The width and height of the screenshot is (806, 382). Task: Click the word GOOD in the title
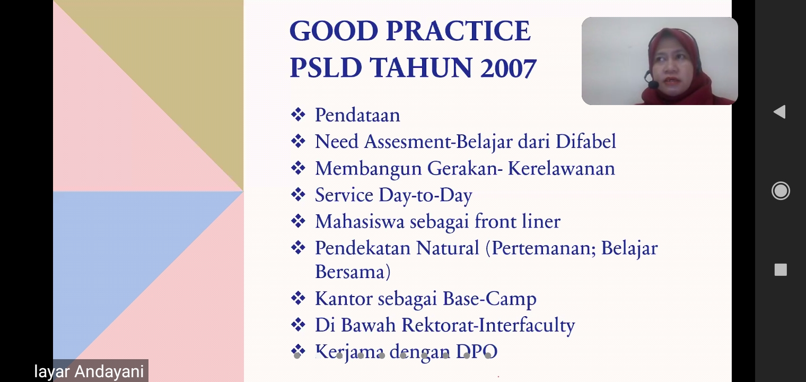(334, 31)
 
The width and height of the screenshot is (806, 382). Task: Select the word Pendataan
(357, 115)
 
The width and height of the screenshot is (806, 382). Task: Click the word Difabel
(586, 141)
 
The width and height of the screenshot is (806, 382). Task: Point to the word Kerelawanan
(562, 168)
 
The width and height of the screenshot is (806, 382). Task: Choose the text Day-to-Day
(425, 195)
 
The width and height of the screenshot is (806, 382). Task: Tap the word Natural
(448, 248)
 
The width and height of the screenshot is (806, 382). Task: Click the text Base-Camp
(489, 299)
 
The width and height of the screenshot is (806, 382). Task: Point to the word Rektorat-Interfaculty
(488, 325)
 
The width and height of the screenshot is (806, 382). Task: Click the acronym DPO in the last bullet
(477, 351)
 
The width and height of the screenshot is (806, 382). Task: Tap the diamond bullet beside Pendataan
(298, 115)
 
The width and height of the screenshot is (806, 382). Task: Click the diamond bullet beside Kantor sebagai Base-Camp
(298, 298)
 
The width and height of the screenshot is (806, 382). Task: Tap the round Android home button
(781, 191)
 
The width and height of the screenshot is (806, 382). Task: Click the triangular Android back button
(779, 112)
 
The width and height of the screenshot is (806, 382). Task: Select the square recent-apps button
(781, 270)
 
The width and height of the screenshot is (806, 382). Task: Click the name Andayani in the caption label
(109, 371)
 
